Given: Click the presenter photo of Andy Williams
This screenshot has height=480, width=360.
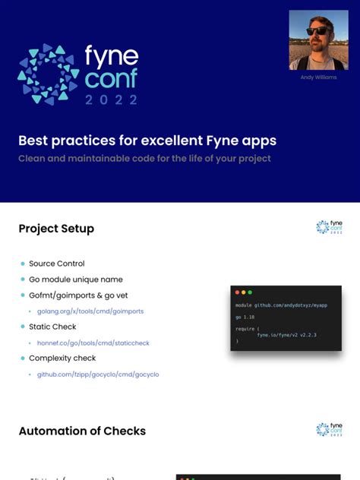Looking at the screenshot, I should coord(318,39).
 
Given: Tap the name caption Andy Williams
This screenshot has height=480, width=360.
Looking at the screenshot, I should coord(318,77).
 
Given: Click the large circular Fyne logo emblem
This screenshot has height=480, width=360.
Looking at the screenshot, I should coord(47,74).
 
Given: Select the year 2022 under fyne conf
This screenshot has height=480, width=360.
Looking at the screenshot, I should coord(112,99).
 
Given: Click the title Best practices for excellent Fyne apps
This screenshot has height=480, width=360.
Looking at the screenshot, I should coord(147,141).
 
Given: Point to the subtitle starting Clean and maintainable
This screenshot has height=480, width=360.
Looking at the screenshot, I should coord(144,159).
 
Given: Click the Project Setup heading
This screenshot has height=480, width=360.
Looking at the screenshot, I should coord(56,229).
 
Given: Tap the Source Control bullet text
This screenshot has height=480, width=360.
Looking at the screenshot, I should coord(56,264).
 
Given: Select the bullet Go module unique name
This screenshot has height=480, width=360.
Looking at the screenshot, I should coord(75,279).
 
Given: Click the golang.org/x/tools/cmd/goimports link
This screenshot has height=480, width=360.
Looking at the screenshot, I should coord(90,311).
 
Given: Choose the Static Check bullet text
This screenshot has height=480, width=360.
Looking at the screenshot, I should coord(52,327).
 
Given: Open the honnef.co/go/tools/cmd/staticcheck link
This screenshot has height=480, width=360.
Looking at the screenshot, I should coord(93,343).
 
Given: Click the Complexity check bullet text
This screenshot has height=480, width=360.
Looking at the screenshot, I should coord(62,358).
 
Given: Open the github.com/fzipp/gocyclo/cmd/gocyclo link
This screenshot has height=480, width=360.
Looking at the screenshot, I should coord(98,374).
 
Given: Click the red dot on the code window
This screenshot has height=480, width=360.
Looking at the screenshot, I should coord(237,292).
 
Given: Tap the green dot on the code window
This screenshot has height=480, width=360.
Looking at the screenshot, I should coord(250,292).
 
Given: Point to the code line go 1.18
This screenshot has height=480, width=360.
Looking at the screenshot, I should coord(244,317).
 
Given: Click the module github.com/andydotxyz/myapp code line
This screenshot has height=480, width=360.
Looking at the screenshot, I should coord(281,305).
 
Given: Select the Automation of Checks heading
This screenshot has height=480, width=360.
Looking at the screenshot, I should coord(82,431).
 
